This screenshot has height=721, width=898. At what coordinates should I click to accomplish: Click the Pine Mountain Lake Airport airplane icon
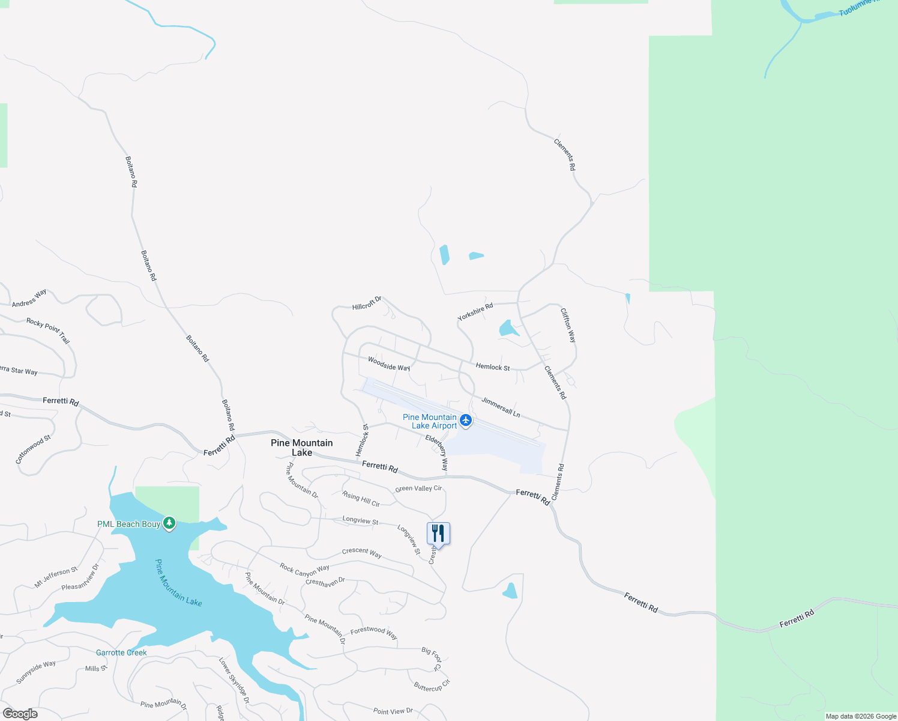(466, 421)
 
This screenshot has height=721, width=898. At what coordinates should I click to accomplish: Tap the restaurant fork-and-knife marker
(438, 533)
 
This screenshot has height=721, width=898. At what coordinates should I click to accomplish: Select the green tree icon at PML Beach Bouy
(170, 524)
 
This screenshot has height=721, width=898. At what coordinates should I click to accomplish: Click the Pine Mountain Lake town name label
(302, 448)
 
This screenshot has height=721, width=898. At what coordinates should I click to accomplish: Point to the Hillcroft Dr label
(367, 303)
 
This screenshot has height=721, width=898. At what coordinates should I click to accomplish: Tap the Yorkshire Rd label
(475, 312)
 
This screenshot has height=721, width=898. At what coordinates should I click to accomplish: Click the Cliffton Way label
(568, 325)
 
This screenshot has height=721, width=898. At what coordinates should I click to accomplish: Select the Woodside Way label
(389, 364)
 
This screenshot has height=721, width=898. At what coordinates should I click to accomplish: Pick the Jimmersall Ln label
(501, 407)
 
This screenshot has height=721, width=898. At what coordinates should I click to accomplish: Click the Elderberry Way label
(437, 452)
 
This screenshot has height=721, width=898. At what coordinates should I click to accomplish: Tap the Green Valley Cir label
(418, 488)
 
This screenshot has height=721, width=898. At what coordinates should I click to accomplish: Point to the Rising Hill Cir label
(361, 499)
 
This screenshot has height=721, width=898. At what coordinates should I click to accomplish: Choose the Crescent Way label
(361, 552)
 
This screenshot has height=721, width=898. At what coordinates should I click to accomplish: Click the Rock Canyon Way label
(304, 569)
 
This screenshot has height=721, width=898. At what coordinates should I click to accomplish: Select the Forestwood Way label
(373, 631)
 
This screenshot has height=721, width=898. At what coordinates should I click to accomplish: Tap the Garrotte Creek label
(121, 653)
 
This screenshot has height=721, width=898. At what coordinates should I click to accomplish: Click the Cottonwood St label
(33, 449)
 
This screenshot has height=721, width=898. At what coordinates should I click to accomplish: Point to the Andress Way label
(29, 299)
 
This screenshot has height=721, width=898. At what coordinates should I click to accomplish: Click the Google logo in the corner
(20, 714)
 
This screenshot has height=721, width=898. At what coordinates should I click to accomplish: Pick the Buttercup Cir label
(432, 686)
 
